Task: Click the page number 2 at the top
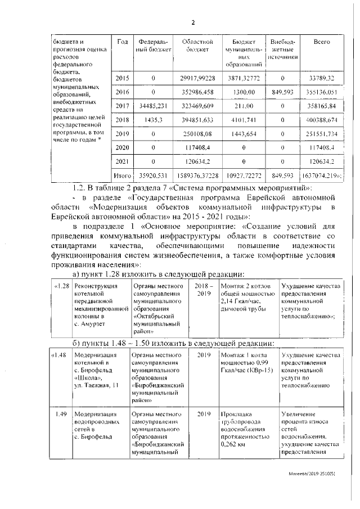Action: tap(192, 22)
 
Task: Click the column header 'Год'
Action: tap(122, 43)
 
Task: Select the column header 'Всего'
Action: tap(321, 43)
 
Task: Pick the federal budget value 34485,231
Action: tap(152, 105)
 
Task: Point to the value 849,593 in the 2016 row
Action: tap(282, 92)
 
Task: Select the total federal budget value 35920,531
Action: tap(152, 175)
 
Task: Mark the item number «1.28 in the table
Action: tap(61, 287)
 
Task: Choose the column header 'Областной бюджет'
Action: tap(196, 46)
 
